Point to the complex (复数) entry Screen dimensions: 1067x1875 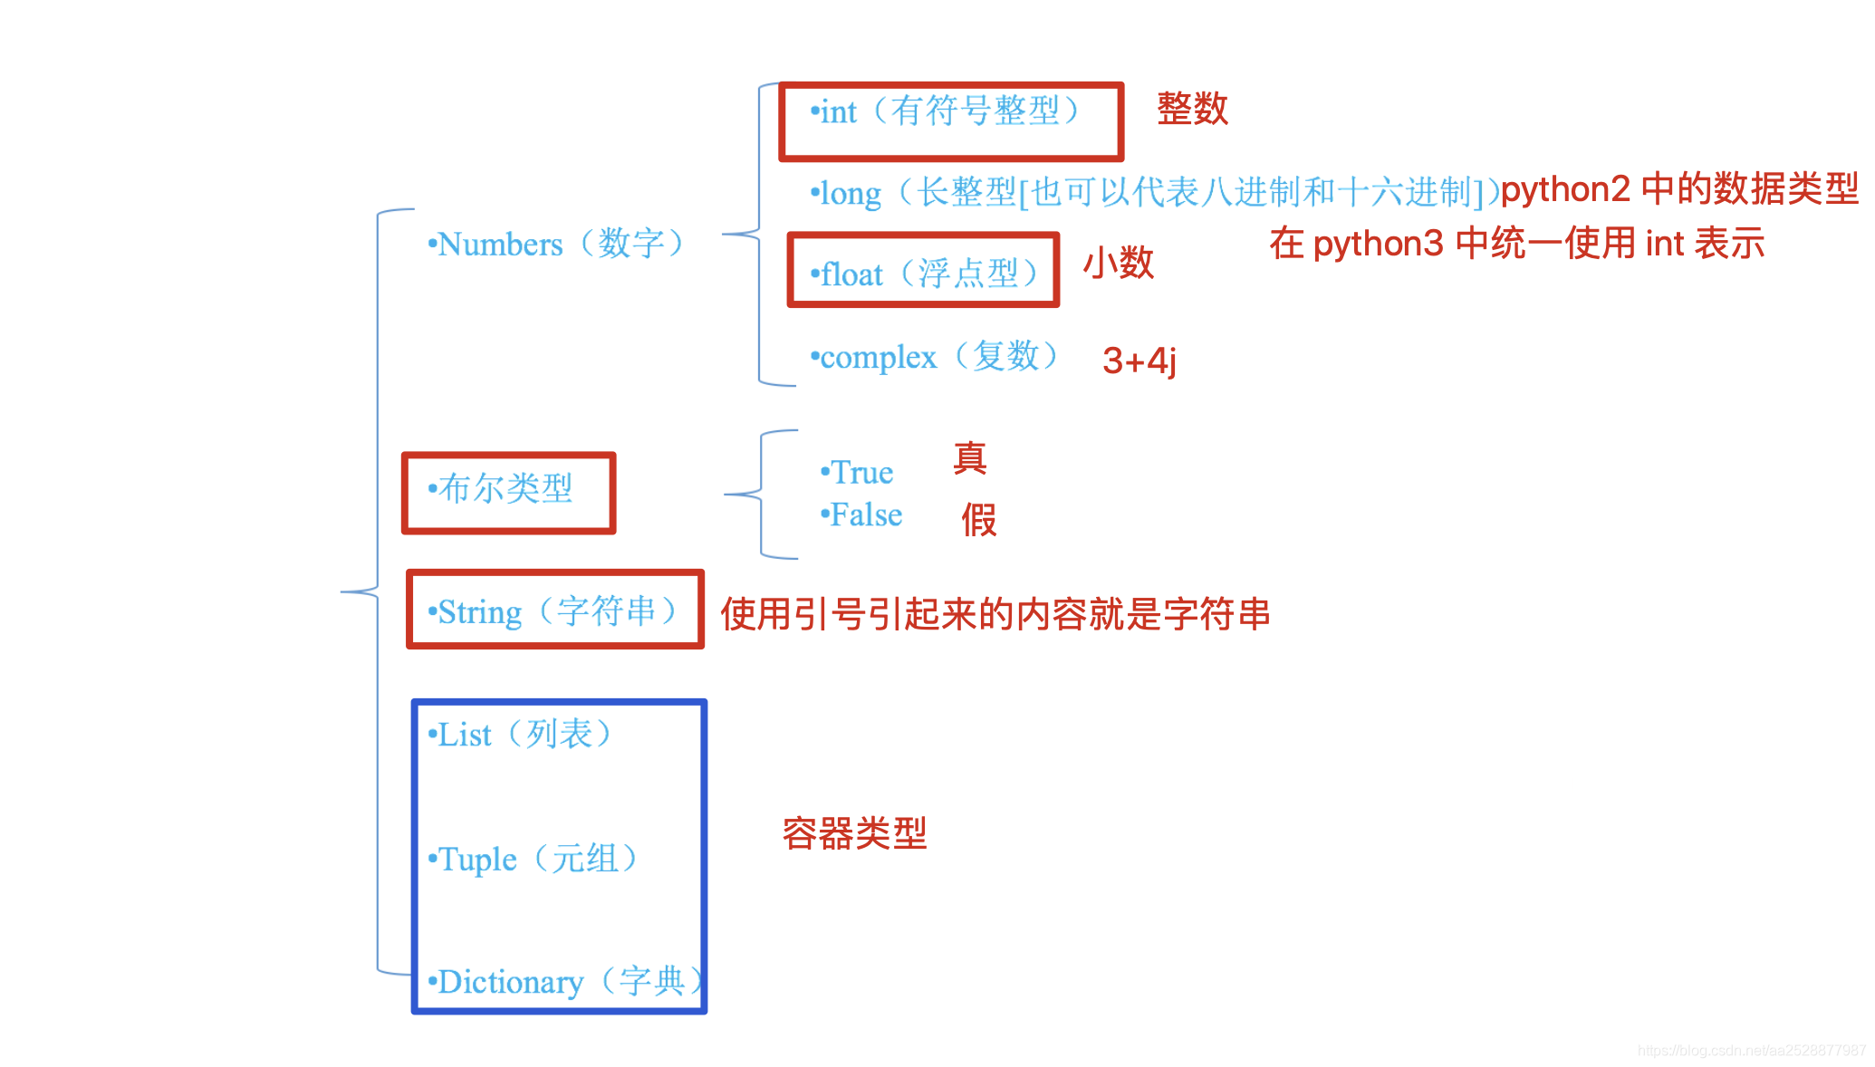tap(934, 357)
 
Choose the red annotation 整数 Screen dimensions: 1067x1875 tap(1192, 109)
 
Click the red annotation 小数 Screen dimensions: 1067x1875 tap(1119, 264)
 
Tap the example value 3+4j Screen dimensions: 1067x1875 tap(1139, 360)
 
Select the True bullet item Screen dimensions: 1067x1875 tap(858, 472)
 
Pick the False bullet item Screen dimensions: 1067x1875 tap(862, 514)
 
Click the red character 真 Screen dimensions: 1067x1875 tap(970, 458)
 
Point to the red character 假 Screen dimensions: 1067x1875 tap(979, 520)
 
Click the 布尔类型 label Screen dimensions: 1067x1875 tap(502, 489)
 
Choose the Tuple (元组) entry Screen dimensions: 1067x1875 tap(533, 859)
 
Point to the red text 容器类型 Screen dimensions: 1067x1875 tap(854, 833)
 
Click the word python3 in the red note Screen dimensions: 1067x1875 tap(1378, 245)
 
